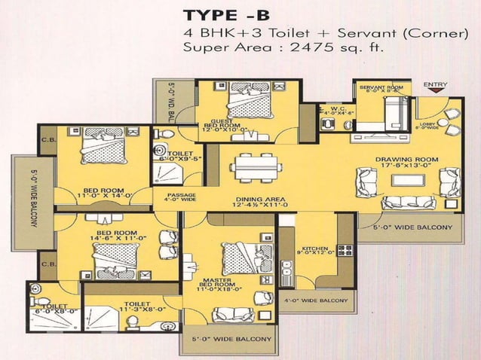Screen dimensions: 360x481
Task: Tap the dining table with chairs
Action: click(253, 165)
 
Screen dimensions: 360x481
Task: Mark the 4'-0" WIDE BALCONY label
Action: click(317, 301)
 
